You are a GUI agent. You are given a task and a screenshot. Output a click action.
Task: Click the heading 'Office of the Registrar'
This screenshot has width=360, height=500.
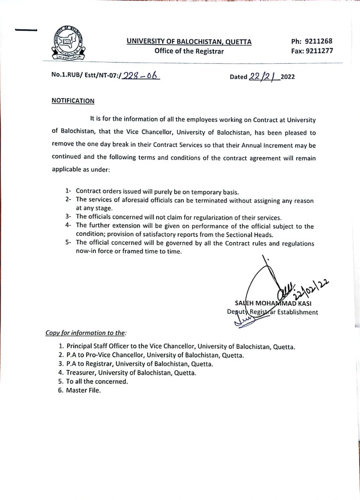(x=189, y=51)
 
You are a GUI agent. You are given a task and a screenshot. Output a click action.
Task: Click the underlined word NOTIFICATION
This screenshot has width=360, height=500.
(x=73, y=101)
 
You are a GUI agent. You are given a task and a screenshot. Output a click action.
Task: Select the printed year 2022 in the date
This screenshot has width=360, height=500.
(x=287, y=77)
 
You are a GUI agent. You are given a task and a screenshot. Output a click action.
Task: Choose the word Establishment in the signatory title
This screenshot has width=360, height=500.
(x=298, y=312)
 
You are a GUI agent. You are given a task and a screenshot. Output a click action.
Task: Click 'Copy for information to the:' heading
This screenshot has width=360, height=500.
(x=86, y=333)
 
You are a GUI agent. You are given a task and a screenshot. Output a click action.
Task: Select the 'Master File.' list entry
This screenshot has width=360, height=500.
(x=83, y=390)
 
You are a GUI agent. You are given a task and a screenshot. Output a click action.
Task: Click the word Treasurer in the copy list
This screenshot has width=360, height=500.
(x=80, y=373)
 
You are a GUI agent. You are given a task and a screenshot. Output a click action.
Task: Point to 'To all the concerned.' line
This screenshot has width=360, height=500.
(x=97, y=381)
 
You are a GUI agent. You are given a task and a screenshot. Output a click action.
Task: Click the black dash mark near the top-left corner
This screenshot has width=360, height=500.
(x=26, y=30)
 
